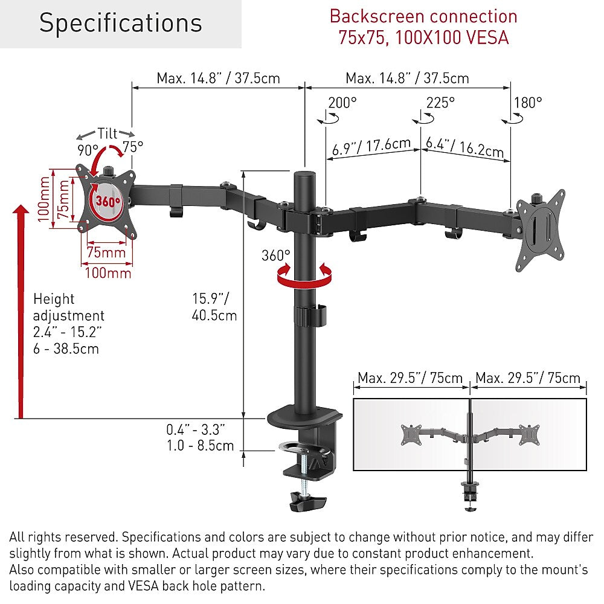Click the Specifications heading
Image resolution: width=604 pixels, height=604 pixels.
(x=121, y=23)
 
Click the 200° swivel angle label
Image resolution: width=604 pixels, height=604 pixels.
(x=342, y=103)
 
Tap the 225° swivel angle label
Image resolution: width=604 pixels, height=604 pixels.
(x=440, y=103)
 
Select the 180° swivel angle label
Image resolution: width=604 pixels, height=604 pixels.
(x=528, y=103)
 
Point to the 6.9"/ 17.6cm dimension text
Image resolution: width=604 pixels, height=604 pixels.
(x=371, y=146)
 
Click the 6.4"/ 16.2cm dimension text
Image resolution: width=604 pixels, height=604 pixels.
(x=465, y=147)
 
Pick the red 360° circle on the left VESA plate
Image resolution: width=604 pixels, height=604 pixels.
(x=108, y=201)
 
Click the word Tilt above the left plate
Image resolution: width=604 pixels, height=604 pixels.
(x=107, y=133)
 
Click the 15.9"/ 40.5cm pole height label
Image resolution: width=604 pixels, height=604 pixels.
(x=214, y=307)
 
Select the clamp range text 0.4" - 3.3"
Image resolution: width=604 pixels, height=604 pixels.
(x=196, y=429)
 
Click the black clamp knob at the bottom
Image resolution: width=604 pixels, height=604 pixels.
(x=307, y=501)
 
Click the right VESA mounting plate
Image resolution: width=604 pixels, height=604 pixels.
(x=541, y=230)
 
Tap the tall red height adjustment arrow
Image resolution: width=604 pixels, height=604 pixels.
(x=21, y=312)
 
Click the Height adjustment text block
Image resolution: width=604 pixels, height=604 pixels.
(x=69, y=324)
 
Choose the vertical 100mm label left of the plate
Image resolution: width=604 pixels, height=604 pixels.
(x=43, y=199)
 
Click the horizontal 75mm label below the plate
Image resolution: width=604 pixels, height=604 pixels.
(x=106, y=252)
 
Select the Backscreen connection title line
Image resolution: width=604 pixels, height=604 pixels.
(x=423, y=16)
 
